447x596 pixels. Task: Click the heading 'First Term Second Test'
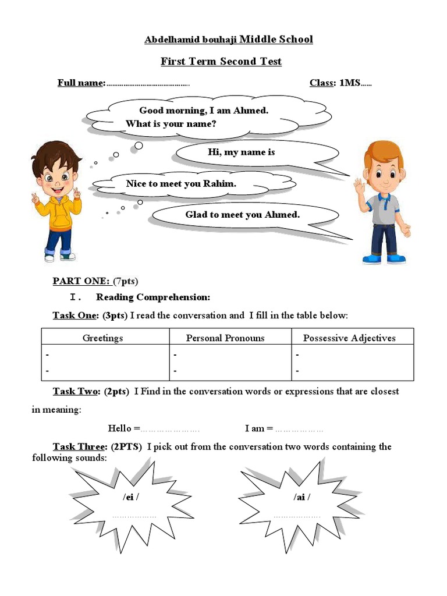(x=221, y=62)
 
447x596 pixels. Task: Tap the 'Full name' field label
(x=81, y=83)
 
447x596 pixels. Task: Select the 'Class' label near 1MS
(x=321, y=83)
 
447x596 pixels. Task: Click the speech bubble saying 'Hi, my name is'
(x=241, y=152)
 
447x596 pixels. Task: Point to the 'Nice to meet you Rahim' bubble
(x=181, y=184)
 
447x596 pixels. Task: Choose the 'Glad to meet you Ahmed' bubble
(x=243, y=215)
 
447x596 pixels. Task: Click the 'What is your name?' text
(x=171, y=124)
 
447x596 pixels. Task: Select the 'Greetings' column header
(x=103, y=338)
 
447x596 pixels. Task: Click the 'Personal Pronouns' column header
(x=225, y=338)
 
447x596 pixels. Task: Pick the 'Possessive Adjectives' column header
(x=349, y=338)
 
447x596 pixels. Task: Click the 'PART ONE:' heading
(x=81, y=281)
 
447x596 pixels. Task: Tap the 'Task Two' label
(x=76, y=391)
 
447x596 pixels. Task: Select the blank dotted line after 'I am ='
(x=299, y=430)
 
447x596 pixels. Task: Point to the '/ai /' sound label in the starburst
(x=301, y=497)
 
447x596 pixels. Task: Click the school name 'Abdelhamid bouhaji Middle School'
(x=228, y=40)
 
